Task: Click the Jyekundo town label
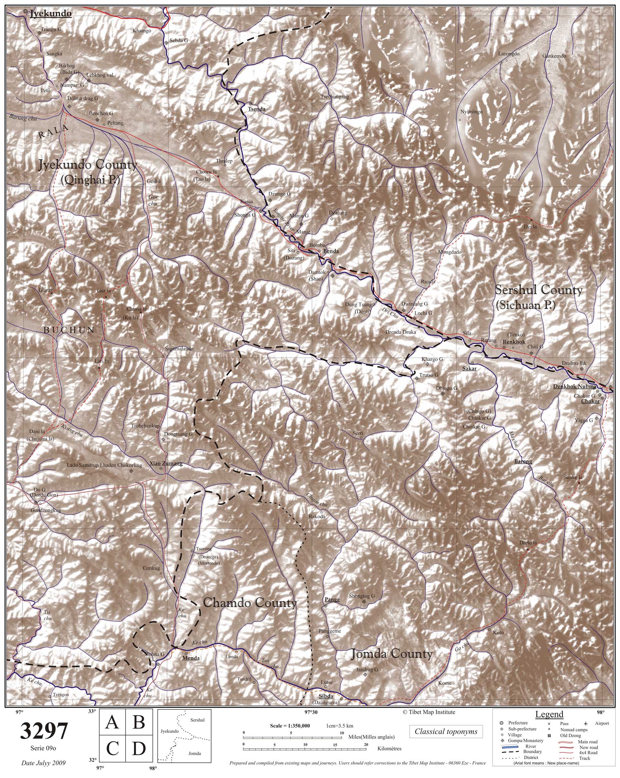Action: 51,14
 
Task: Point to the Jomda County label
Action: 391,654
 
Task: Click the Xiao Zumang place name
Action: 166,464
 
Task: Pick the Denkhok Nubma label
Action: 574,387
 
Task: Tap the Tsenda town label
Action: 256,109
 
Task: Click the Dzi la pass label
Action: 530,226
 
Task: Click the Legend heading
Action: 549,714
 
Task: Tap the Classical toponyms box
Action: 446,732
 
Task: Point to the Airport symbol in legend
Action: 585,723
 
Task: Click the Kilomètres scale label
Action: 389,748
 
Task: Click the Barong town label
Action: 523,461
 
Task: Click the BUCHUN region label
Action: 69,330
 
